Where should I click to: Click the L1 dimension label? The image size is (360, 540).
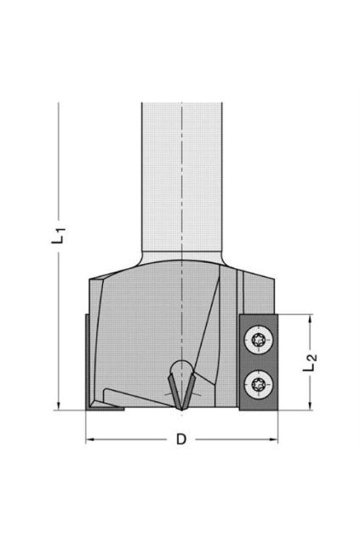coord(58,235)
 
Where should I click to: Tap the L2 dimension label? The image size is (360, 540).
coord(310,363)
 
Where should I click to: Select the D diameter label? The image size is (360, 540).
coord(181,439)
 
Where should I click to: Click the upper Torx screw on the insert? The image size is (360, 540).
coord(259,340)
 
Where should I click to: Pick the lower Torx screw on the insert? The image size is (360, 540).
coord(259,384)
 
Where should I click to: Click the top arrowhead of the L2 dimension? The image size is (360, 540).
coord(311,319)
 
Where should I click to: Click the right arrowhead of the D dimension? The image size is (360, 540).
coord(273,439)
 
